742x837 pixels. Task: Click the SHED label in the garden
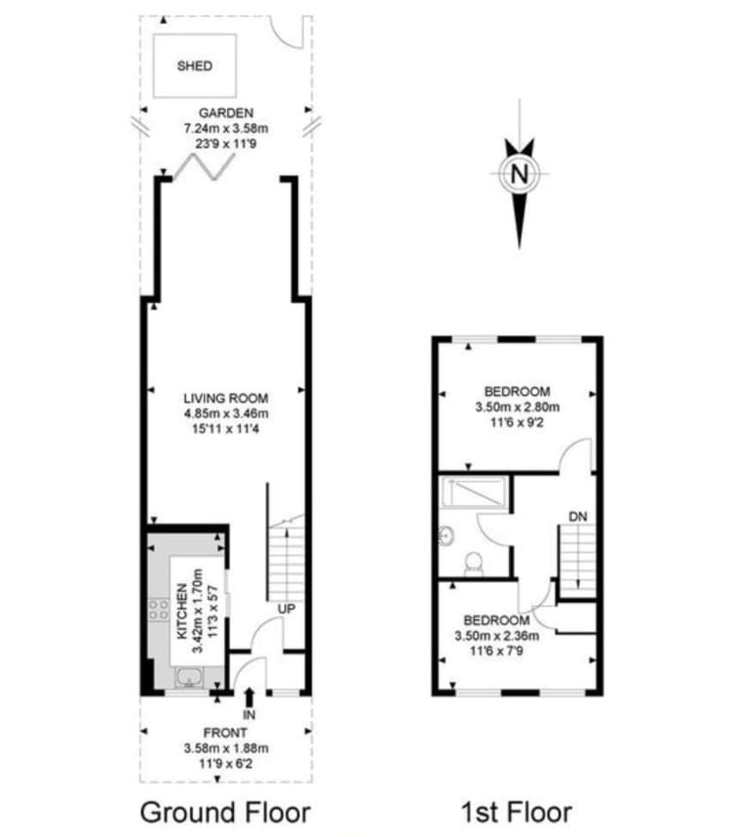(x=194, y=66)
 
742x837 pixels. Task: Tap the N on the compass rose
(x=519, y=174)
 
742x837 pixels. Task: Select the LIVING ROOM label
(x=225, y=398)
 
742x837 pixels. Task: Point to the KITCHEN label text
(x=182, y=612)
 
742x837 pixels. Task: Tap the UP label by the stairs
(x=286, y=609)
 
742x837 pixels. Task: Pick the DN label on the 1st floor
(x=578, y=516)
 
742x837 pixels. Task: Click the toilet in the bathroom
(x=474, y=564)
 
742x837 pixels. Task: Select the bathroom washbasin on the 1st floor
(x=446, y=535)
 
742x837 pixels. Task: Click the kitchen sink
(x=189, y=677)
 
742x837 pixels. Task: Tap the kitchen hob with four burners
(x=158, y=610)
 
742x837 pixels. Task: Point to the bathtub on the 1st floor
(x=475, y=493)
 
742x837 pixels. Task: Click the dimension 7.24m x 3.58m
(x=225, y=129)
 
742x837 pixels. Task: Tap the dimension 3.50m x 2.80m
(x=518, y=407)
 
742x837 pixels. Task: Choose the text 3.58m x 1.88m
(x=225, y=748)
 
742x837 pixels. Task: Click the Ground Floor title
(x=225, y=813)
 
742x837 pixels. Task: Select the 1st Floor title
(x=517, y=813)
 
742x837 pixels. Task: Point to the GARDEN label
(x=225, y=114)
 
